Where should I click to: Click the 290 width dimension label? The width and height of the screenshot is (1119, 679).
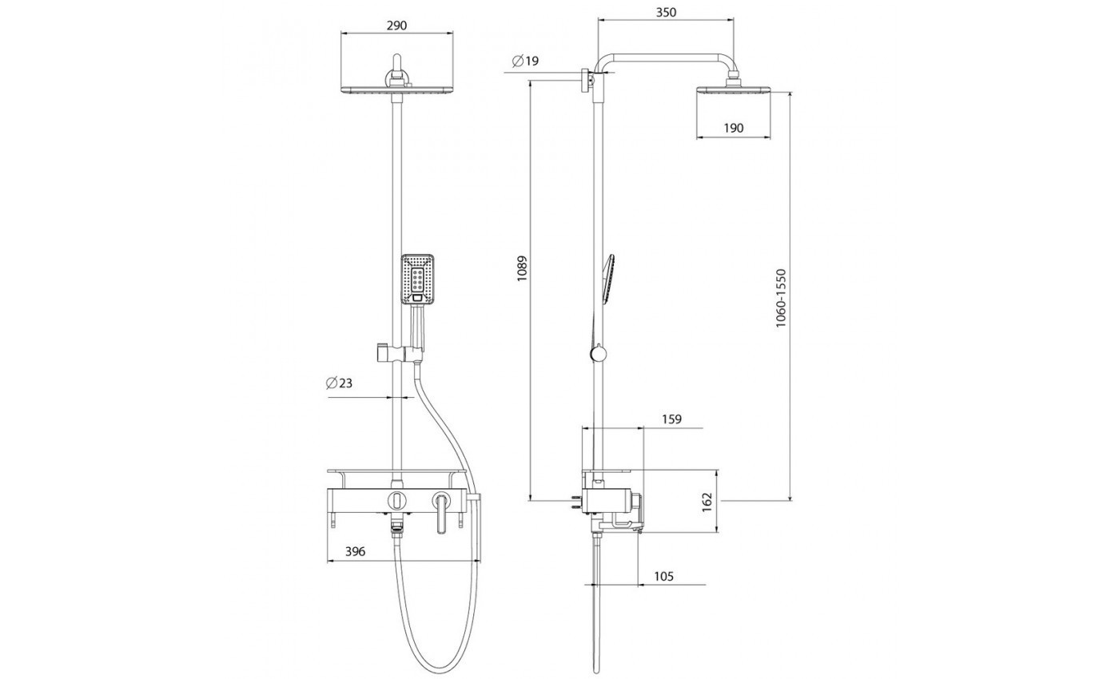pyautogui.click(x=396, y=25)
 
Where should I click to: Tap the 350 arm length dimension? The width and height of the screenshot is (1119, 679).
pyautogui.click(x=666, y=13)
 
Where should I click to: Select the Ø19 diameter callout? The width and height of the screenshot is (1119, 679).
pyautogui.click(x=526, y=62)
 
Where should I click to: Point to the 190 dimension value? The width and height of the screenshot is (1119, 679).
pyautogui.click(x=734, y=129)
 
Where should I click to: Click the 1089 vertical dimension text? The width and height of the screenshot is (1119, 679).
pyautogui.click(x=522, y=268)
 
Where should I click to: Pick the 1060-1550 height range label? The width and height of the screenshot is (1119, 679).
pyautogui.click(x=781, y=299)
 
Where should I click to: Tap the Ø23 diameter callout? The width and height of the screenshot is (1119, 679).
pyautogui.click(x=339, y=383)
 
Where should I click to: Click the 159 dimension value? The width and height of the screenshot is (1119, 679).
pyautogui.click(x=671, y=419)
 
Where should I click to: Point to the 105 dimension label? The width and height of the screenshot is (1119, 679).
pyautogui.click(x=663, y=577)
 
